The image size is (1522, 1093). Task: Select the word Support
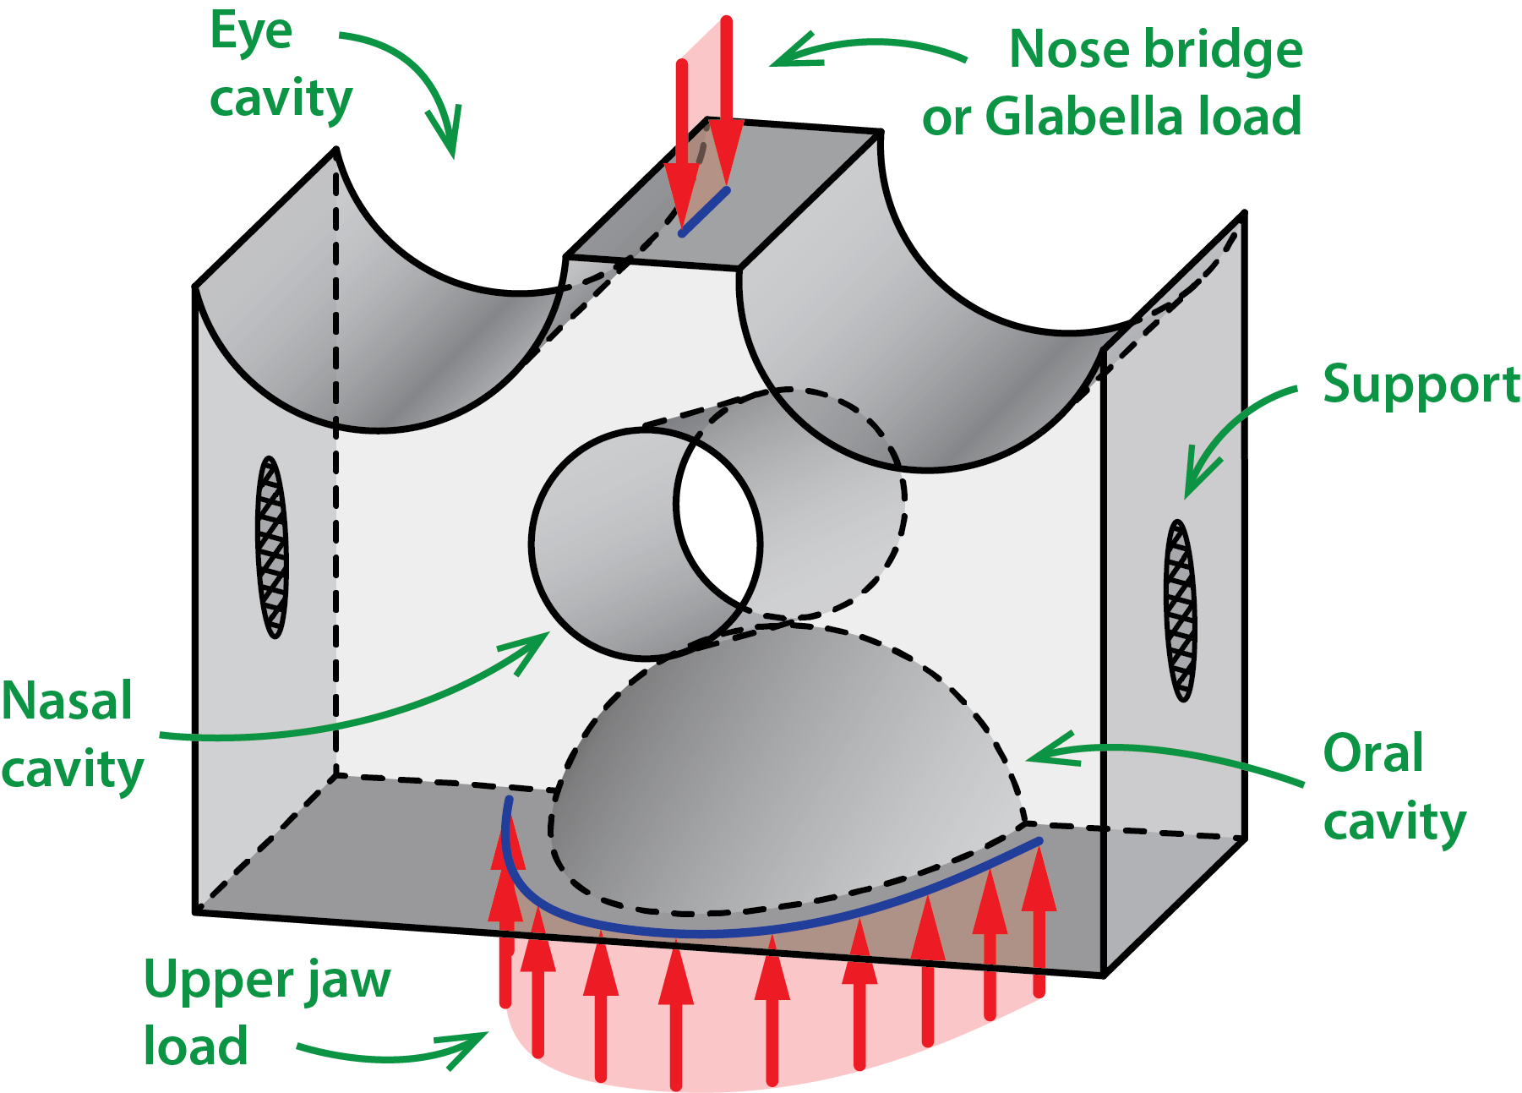[1421, 385]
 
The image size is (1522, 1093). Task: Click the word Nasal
[67, 701]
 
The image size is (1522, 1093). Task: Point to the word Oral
[1373, 752]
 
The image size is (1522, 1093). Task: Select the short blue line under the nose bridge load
[704, 212]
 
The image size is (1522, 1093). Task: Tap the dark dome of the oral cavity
[761, 761]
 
